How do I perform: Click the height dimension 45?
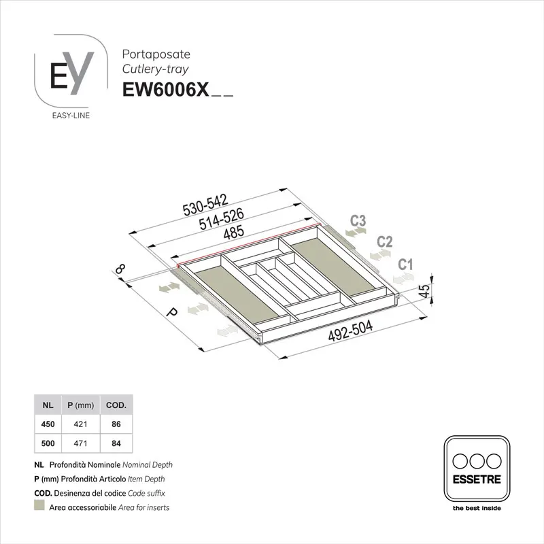click(423, 292)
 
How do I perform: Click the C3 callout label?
click(358, 220)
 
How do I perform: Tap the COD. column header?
click(116, 405)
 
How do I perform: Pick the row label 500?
click(48, 443)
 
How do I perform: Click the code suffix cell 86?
click(116, 424)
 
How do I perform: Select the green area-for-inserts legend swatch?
click(39, 507)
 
